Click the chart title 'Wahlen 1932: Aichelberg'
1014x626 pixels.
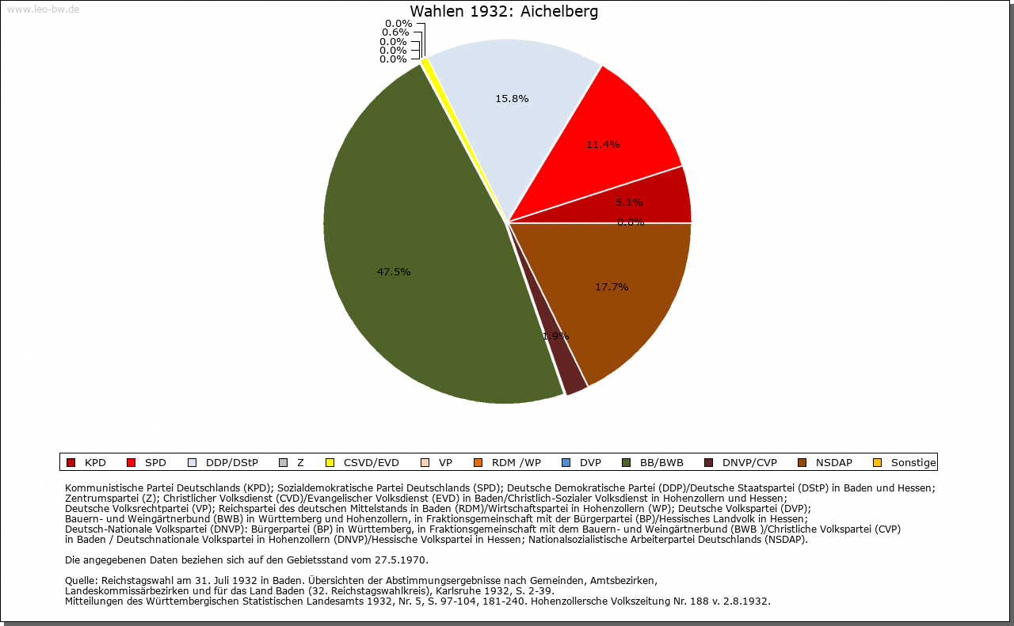point(504,12)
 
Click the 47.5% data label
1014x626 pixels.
point(394,272)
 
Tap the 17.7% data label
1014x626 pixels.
point(612,287)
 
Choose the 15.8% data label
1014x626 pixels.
point(511,99)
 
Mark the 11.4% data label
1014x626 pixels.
point(603,145)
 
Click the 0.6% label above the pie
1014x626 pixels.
point(395,32)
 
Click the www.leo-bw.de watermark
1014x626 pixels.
point(43,9)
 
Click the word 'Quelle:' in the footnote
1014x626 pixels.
point(82,581)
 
